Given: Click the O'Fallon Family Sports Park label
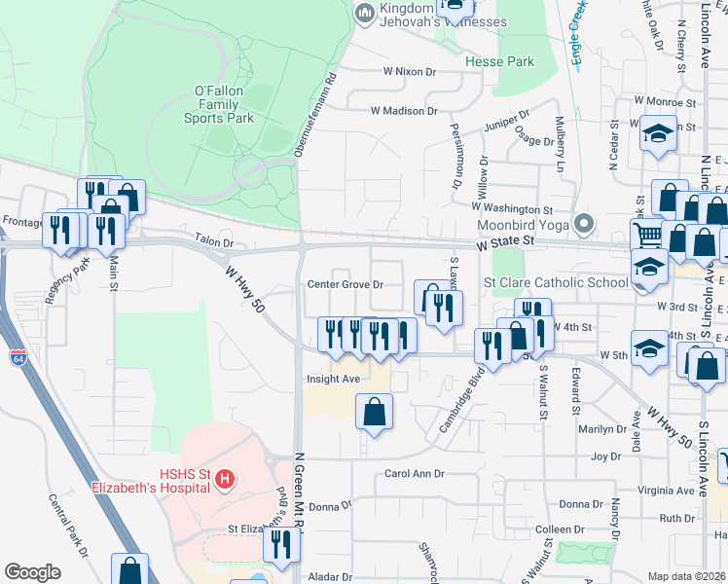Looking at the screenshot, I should click(219, 103).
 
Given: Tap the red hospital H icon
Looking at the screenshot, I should click(225, 479).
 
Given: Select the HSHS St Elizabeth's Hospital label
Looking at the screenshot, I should click(151, 480).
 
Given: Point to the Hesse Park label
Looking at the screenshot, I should click(499, 61).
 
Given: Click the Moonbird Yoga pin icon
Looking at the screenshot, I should click(584, 225).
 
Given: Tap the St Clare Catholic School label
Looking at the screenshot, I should click(556, 282).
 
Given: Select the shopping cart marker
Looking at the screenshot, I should click(647, 234).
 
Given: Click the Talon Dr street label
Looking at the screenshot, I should click(214, 242).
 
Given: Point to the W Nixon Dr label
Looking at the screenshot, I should click(410, 71).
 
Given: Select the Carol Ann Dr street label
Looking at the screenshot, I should click(414, 473).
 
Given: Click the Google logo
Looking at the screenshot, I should click(32, 571).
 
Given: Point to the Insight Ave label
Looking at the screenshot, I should click(333, 379).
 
